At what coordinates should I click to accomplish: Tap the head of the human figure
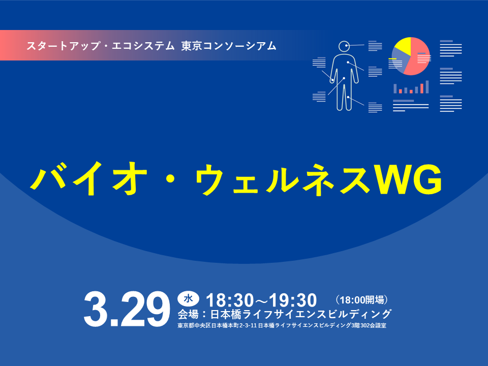tap(344, 46)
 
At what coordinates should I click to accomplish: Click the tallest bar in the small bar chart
tap(427, 87)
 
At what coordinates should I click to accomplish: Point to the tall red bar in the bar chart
tap(421, 88)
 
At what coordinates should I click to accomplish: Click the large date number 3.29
tap(127, 309)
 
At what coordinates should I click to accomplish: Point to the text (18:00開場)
tap(362, 299)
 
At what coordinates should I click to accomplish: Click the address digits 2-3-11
tap(247, 325)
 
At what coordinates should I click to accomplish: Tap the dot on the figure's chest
tap(348, 62)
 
